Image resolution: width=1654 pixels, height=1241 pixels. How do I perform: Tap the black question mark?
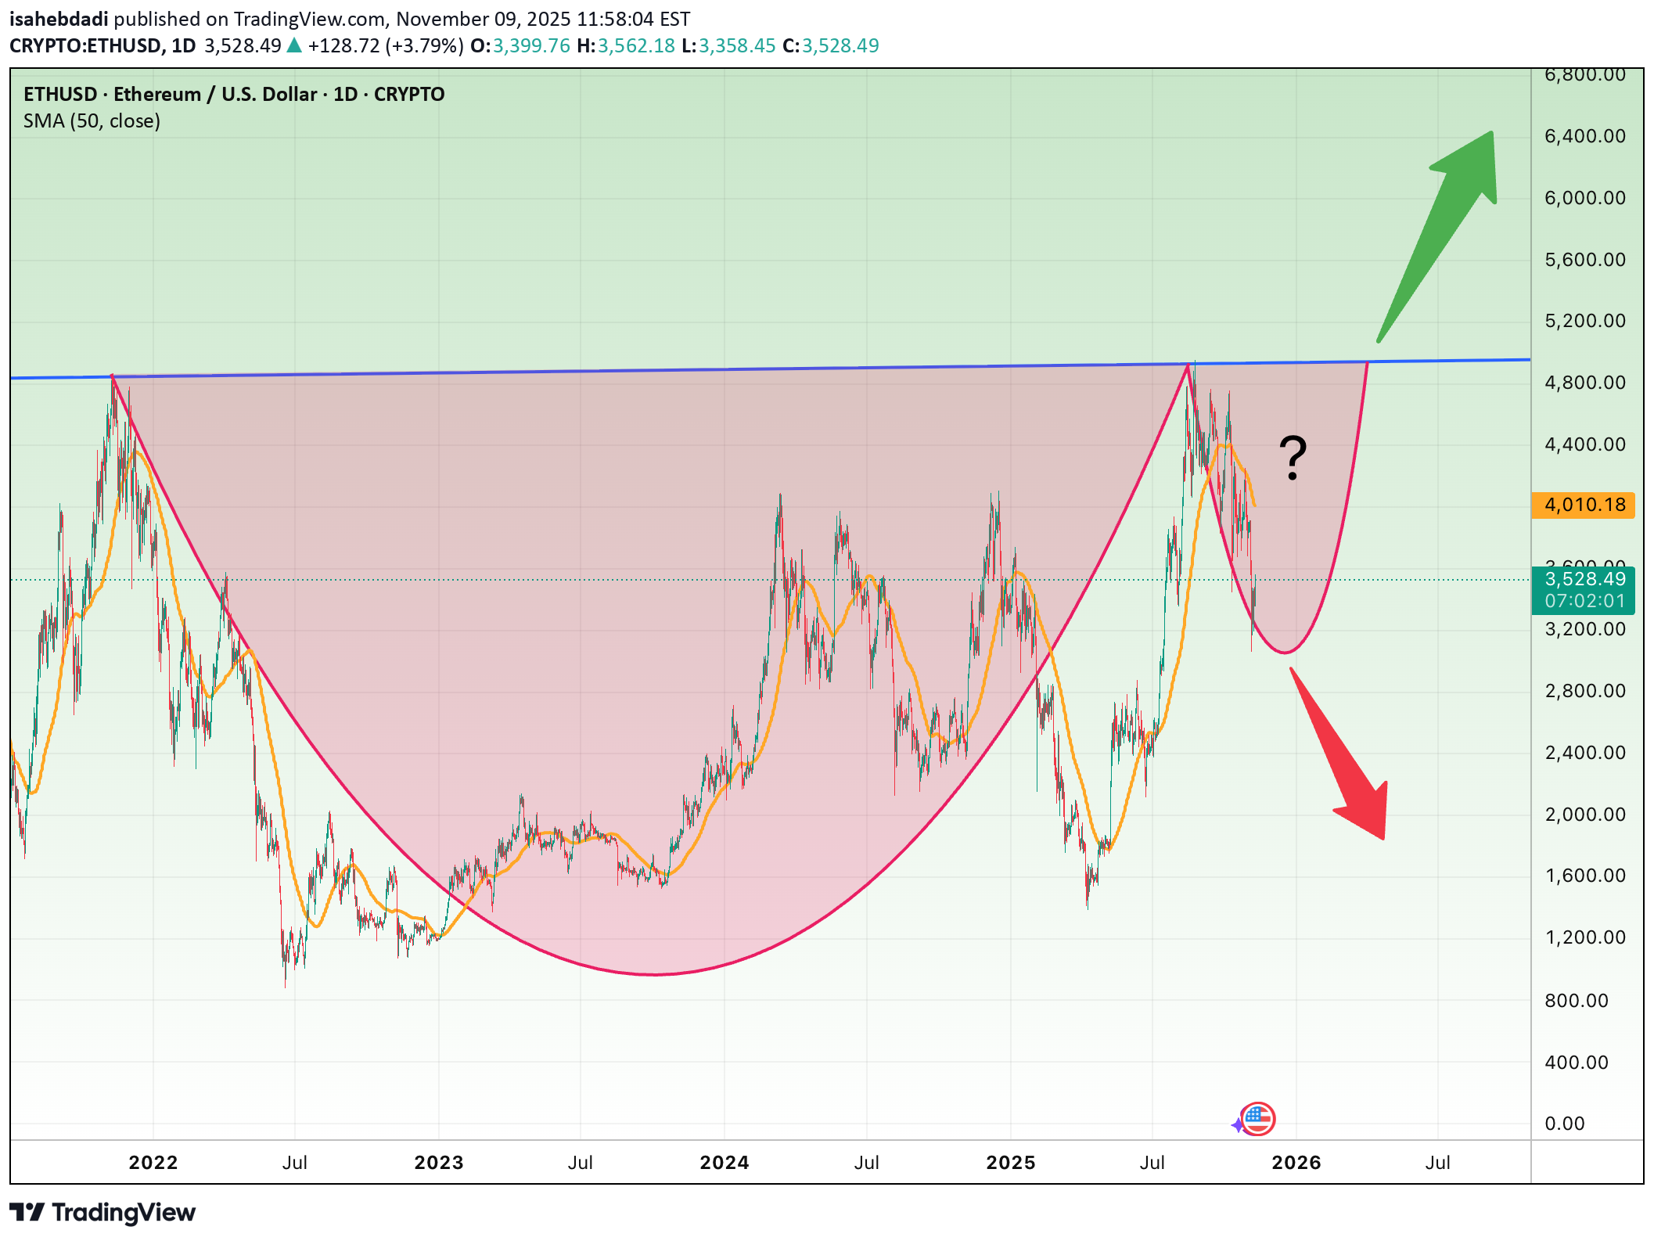coord(1293,458)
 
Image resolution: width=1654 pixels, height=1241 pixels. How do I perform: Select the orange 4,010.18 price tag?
coord(1584,505)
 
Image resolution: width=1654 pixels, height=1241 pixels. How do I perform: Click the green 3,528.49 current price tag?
coord(1584,580)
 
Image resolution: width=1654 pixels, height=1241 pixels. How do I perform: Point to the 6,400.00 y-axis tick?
coord(1584,136)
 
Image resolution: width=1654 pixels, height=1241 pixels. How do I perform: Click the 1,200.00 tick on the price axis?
coord(1584,937)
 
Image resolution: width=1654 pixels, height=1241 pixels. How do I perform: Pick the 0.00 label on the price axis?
coord(1564,1124)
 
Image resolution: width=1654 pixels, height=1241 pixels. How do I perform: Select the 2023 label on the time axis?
coord(438,1163)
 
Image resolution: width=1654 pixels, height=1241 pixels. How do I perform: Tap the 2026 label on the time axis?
coord(1296,1163)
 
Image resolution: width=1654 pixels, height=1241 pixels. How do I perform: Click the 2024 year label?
coord(724,1163)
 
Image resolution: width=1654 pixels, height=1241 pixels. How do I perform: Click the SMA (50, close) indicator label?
coord(92,121)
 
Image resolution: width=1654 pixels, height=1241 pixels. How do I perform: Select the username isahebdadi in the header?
coord(59,19)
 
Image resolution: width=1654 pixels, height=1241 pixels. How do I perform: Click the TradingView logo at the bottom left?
coord(102,1213)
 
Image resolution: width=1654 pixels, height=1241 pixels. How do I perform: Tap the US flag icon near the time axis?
coord(1257,1119)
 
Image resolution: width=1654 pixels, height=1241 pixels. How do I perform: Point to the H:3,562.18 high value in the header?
coord(625,46)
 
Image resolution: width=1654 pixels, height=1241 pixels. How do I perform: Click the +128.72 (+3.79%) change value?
coord(385,46)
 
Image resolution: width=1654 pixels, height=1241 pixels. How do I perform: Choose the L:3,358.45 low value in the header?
coord(728,46)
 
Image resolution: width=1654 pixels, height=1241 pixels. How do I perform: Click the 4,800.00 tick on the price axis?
coord(1584,383)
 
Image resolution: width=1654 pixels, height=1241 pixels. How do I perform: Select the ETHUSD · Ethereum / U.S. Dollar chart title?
coord(233,95)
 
